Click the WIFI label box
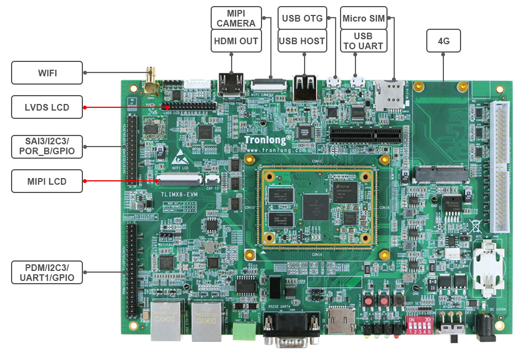tap(47, 72)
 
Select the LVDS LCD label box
tap(47, 107)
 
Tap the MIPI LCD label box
tap(47, 181)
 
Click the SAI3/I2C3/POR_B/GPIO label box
tap(47, 146)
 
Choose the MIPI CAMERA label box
tap(236, 18)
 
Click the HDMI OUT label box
tap(236, 41)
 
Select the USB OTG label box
tap(302, 18)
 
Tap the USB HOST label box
tap(302, 41)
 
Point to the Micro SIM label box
tap(363, 18)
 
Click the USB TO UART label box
tap(363, 41)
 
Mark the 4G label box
tap(443, 41)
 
